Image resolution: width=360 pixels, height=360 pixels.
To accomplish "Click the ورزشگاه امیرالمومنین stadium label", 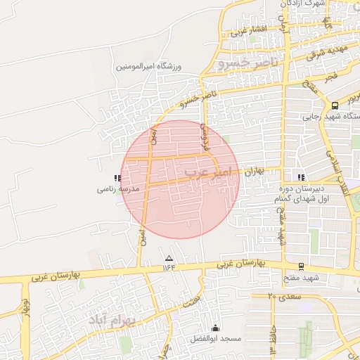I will [x=149, y=67].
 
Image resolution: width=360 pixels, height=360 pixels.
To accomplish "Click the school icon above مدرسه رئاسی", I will [x=117, y=178].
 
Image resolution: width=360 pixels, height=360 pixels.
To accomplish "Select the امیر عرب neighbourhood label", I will [x=207, y=171].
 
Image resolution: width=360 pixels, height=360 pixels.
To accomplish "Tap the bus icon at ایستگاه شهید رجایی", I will [x=337, y=105].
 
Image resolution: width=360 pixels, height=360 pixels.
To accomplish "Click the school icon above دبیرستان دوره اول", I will [x=302, y=178].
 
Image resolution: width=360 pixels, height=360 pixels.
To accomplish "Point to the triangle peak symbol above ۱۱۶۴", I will [x=168, y=257].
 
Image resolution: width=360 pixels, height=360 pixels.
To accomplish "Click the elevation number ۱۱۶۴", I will [x=169, y=266].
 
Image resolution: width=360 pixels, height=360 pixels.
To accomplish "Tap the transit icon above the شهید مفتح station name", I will [x=302, y=266].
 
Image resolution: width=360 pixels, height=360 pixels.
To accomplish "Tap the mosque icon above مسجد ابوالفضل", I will [x=215, y=328].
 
